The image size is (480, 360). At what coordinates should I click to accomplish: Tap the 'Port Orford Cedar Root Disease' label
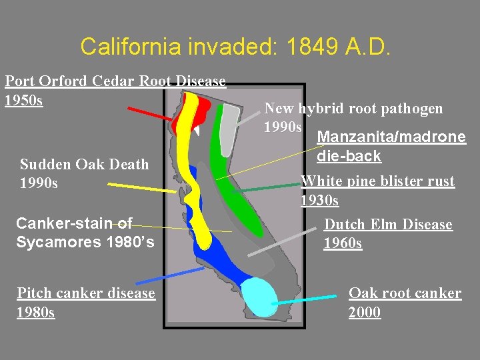coord(115,81)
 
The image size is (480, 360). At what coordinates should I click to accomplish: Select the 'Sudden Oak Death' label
coord(85,165)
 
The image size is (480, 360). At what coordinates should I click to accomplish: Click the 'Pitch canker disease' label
coord(86,293)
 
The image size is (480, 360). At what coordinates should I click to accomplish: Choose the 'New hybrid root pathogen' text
coord(353,108)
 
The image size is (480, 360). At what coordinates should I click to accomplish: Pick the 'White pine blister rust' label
coord(377,181)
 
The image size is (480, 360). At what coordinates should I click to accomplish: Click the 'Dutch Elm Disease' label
coord(388,225)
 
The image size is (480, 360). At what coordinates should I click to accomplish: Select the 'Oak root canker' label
coord(405,293)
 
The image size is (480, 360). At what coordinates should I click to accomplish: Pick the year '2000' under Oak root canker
coord(365,312)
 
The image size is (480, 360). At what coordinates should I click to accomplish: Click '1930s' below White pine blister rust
coord(319,200)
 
